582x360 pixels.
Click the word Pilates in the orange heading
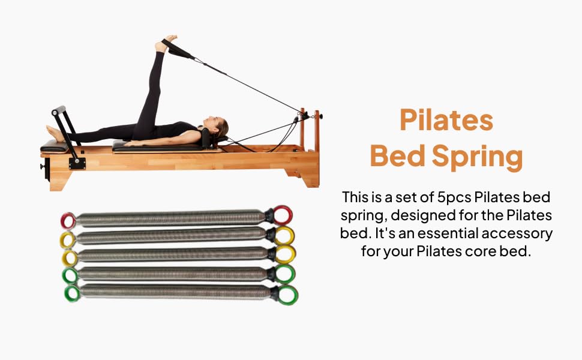tap(446, 120)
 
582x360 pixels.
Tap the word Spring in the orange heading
tap(478, 157)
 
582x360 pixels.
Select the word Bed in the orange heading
tap(398, 155)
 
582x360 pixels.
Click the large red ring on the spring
tap(283, 215)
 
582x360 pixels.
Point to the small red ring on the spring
tap(68, 221)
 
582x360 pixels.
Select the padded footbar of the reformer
tap(59, 110)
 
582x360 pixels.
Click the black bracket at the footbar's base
tap(77, 163)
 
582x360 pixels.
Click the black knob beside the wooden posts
tap(320, 116)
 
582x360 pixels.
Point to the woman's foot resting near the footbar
tap(55, 133)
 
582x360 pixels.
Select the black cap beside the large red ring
tap(269, 215)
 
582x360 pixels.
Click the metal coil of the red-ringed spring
tap(170, 218)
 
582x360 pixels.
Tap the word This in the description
tap(354, 197)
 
